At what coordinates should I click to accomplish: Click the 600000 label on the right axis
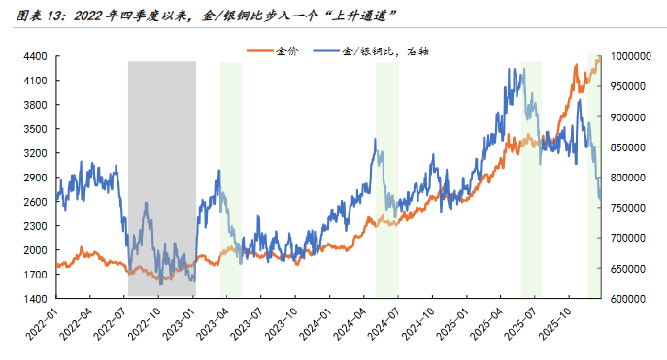pyautogui.click(x=631, y=298)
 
